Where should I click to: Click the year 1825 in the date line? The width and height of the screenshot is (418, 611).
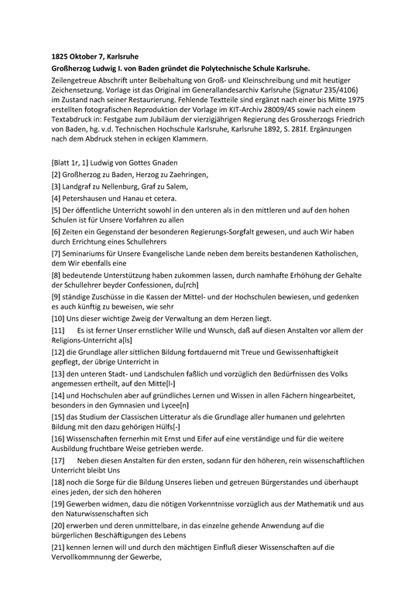[50, 56]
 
